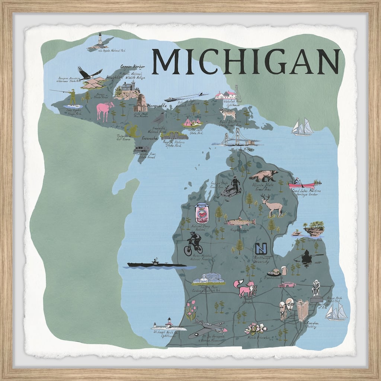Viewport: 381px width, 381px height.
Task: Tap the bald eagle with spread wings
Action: pos(89,74)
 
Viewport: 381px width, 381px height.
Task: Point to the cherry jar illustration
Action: pos(202,213)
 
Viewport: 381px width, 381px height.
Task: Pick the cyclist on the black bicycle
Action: pos(193,244)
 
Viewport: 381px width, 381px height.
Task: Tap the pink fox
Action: pos(245,288)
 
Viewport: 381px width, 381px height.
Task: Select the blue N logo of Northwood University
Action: pos(261,248)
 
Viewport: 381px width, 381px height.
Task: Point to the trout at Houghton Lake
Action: pos(240,222)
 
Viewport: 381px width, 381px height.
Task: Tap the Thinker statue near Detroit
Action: pos(316,288)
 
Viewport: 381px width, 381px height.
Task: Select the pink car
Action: pos(287,285)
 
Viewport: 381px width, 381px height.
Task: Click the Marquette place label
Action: pos(157,105)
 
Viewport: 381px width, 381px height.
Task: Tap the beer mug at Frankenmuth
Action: pos(284,270)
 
